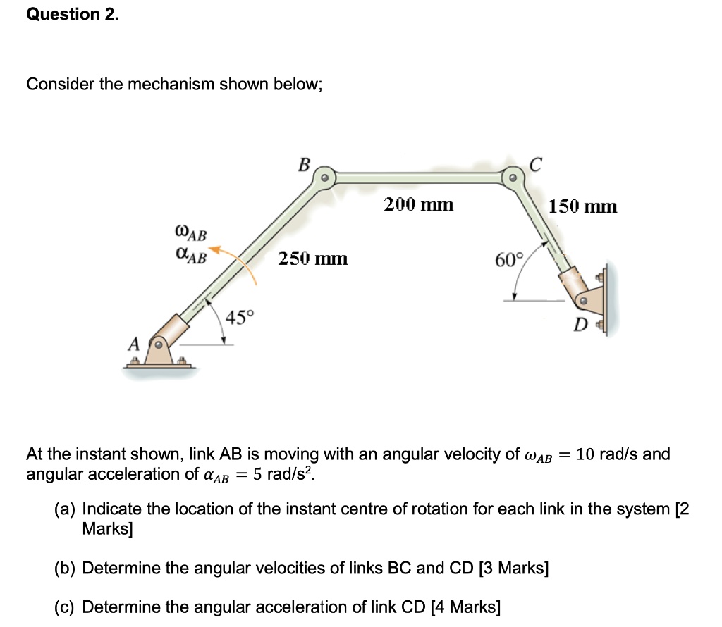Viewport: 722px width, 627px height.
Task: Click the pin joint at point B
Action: [x=324, y=177]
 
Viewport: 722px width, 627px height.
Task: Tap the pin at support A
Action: [x=160, y=345]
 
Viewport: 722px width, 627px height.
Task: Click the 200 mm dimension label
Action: [x=418, y=205]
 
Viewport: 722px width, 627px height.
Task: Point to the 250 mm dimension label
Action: [x=312, y=259]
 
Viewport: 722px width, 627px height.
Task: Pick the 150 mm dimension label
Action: [x=582, y=206]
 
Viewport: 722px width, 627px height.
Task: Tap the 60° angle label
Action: [x=509, y=260]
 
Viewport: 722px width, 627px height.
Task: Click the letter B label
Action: [x=304, y=165]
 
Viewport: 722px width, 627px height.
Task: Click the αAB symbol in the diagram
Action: [x=190, y=256]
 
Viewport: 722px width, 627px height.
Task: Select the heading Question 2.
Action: [x=73, y=15]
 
